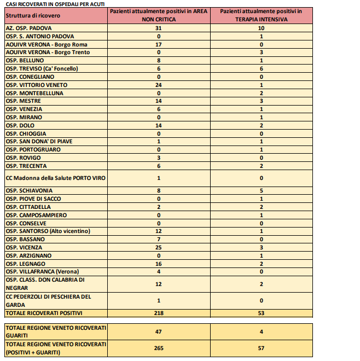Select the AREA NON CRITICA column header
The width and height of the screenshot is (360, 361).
click(158, 15)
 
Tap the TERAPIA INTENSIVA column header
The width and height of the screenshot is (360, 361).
click(262, 15)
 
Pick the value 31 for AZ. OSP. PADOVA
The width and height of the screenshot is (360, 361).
click(158, 28)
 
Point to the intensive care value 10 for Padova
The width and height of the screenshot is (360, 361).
click(262, 28)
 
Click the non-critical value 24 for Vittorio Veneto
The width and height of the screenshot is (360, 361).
click(158, 85)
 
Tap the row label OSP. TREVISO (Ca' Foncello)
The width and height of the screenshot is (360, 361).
click(42, 68)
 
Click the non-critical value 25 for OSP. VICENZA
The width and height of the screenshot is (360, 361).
click(158, 247)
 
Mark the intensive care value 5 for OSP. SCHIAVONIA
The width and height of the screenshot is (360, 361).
click(262, 190)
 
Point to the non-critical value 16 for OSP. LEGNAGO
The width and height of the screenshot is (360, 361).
click(158, 264)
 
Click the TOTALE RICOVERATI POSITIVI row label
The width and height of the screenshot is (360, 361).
click(44, 313)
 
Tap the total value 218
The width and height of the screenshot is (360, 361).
click(158, 313)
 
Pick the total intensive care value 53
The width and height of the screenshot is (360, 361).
click(262, 313)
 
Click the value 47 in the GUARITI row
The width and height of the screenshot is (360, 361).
click(158, 331)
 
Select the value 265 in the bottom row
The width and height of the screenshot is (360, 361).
click(158, 348)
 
